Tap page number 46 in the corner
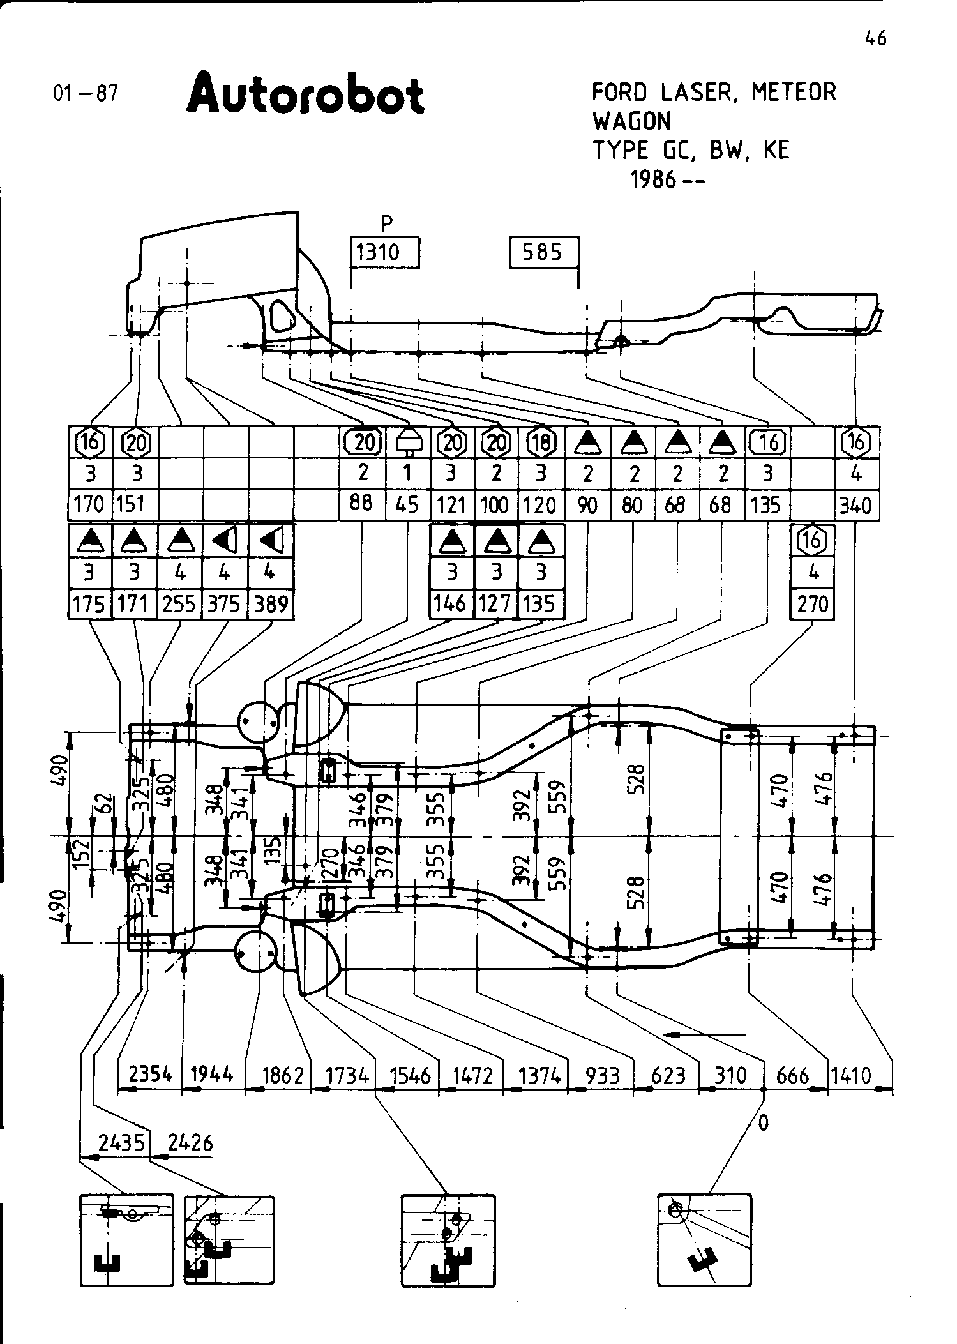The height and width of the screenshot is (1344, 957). pos(876,39)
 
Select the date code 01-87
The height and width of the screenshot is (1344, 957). pos(86,94)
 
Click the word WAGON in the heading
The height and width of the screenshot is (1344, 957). pos(631,121)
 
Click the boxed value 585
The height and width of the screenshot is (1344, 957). pos(542,252)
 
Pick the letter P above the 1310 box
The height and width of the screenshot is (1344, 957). pos(386,223)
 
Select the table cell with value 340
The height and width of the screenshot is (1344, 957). pos(855,506)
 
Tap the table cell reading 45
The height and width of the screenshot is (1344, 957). pos(407,505)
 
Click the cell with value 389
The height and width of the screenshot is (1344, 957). pos(271,604)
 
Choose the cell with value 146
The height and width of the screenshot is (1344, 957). pos(451,603)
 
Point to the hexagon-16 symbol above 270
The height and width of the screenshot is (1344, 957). pos(813,541)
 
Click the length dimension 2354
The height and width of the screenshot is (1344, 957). pos(151,1075)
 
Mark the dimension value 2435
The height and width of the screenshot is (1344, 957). pos(122,1143)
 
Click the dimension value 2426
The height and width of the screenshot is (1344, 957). pos(190,1143)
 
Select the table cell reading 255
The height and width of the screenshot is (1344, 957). pos(179,604)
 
